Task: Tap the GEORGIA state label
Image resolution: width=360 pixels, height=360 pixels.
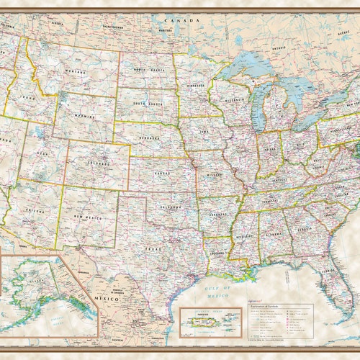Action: tap(302, 232)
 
